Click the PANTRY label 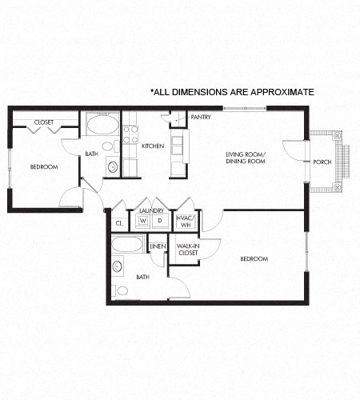pyautogui.click(x=200, y=117)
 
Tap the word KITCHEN pyautogui.click(x=153, y=146)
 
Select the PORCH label pyautogui.click(x=322, y=162)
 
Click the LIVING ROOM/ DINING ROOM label pyautogui.click(x=245, y=158)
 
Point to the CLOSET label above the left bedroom pyautogui.click(x=43, y=122)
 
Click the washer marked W pyautogui.click(x=143, y=220)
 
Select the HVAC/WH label pyautogui.click(x=185, y=220)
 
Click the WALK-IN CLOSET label pyautogui.click(x=187, y=250)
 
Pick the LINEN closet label pyautogui.click(x=158, y=246)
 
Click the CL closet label pyautogui.click(x=119, y=223)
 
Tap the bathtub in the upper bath pyautogui.click(x=102, y=125)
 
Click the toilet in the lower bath pyautogui.click(x=121, y=290)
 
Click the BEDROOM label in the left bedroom pyautogui.click(x=43, y=166)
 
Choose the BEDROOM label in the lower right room pyautogui.click(x=253, y=258)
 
